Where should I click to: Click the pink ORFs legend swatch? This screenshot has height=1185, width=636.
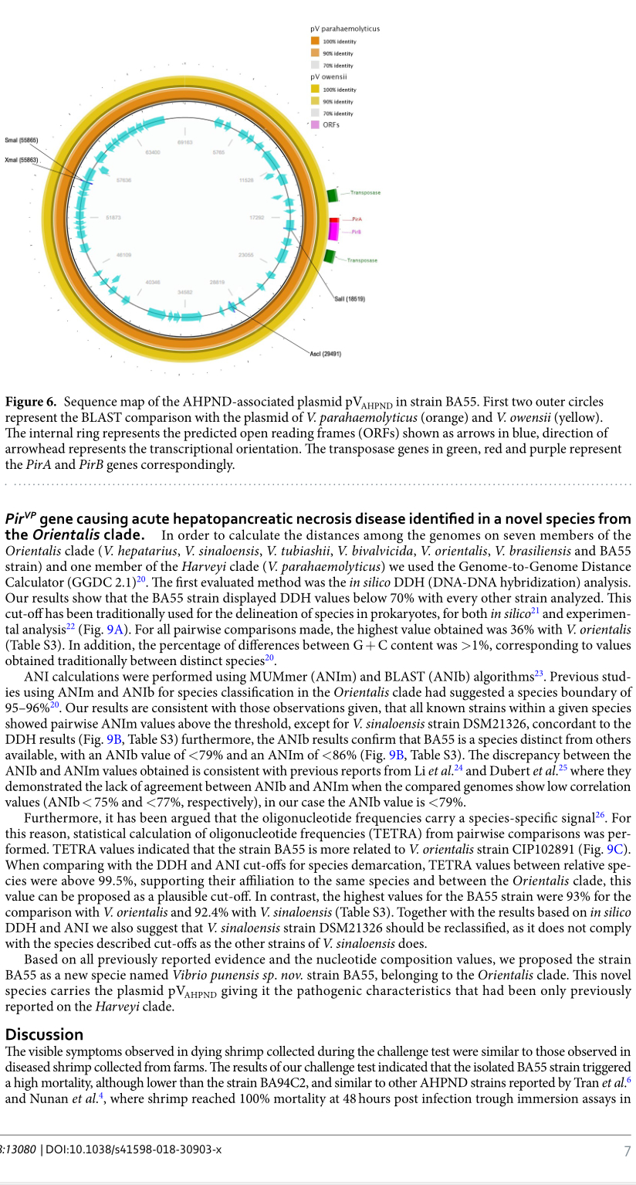click(x=315, y=124)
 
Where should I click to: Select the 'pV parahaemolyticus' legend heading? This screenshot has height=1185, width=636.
click(x=345, y=29)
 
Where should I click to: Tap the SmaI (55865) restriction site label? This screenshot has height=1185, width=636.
click(x=21, y=140)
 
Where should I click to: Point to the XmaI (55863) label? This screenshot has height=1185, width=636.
click(x=21, y=160)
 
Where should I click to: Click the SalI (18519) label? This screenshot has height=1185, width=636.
click(x=350, y=298)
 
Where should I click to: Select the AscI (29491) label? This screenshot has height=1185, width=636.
click(x=325, y=354)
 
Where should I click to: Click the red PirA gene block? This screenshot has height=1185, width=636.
click(x=333, y=220)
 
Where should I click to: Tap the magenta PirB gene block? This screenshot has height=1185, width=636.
click(x=333, y=231)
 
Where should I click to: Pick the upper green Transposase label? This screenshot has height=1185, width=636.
click(x=365, y=192)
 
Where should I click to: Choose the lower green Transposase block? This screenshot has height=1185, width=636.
click(x=330, y=256)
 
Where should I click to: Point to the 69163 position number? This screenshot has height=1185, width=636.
click(x=184, y=143)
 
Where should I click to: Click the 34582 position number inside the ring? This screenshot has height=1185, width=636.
click(x=184, y=292)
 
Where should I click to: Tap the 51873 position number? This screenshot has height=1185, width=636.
click(x=113, y=218)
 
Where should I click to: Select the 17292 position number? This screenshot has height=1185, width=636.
click(x=257, y=218)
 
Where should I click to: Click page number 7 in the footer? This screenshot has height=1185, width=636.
click(x=627, y=1152)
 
